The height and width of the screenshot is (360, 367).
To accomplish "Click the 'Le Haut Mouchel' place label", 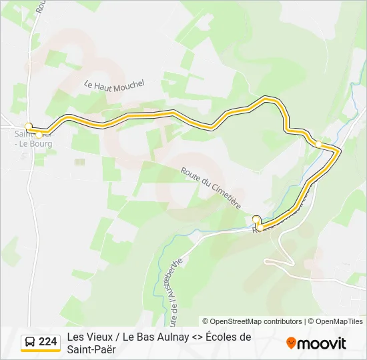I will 115,85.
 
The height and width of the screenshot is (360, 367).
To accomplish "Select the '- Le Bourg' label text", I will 35,143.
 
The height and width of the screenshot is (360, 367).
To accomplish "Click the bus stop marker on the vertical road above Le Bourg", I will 29,125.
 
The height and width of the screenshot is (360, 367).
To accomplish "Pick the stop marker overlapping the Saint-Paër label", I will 39,135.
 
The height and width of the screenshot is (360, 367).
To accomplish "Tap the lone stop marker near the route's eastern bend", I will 319,144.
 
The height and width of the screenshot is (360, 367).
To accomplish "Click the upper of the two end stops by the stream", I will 256,218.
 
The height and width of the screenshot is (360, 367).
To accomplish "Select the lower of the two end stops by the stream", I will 259,227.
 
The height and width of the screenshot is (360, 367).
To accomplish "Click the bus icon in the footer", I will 29,342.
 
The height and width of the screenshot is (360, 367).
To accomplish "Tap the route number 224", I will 48,342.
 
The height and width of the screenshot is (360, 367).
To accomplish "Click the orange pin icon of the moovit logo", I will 291,343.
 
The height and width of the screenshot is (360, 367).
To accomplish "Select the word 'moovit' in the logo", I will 322,343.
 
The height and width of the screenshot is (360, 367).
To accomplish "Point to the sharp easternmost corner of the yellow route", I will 340,152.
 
